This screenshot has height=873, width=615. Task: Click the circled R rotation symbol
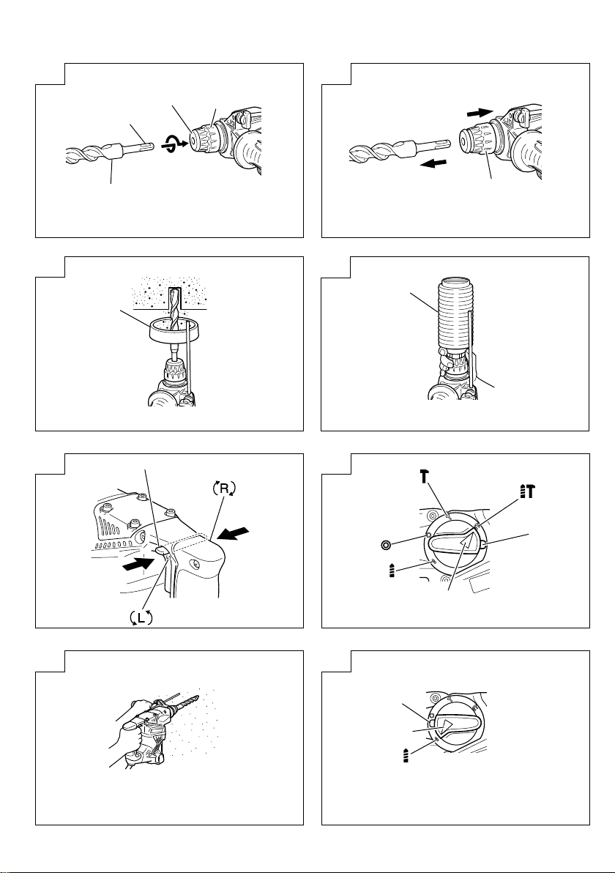tap(224, 488)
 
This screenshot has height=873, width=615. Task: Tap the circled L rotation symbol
tap(141, 617)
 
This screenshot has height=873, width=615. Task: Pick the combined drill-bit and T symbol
tap(527, 491)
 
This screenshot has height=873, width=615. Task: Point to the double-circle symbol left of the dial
tap(385, 544)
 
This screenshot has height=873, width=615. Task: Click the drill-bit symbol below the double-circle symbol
tap(392, 570)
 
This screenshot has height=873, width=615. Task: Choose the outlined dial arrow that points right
tap(447, 726)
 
